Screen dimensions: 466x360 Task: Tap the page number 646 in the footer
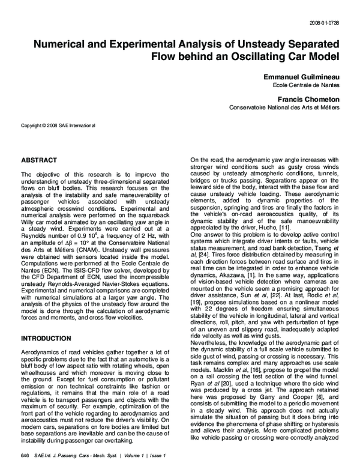(25, 455)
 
